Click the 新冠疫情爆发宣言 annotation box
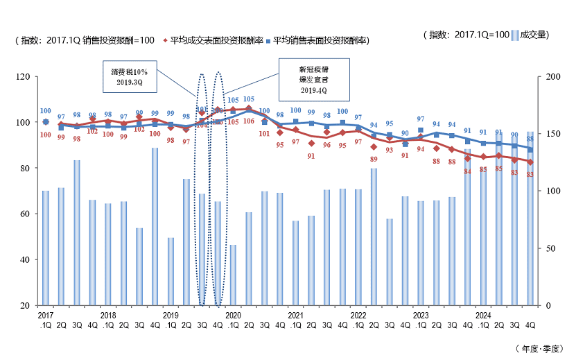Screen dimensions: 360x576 point(313,76)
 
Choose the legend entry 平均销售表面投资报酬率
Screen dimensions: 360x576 point(320,40)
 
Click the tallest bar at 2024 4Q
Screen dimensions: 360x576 point(530,218)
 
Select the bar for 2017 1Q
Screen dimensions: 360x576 point(46,248)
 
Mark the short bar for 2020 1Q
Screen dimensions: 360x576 point(234,275)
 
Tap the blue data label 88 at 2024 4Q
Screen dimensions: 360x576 point(530,139)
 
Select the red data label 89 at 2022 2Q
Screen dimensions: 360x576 point(374,159)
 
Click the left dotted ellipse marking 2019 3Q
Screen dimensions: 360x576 point(202,189)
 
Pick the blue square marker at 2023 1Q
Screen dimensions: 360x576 point(421,130)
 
